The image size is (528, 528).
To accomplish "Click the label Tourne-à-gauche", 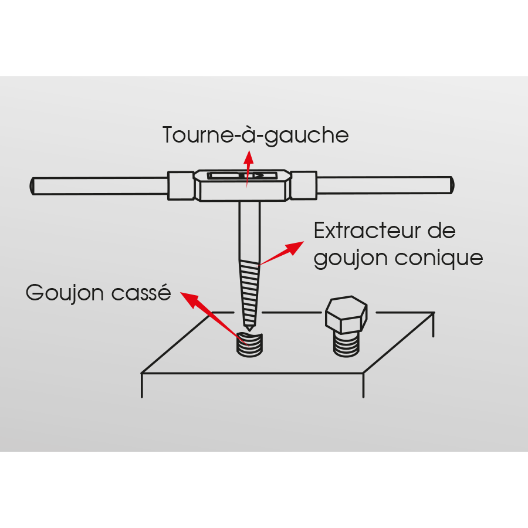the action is (x=256, y=136).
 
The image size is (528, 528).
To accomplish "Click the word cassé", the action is (x=141, y=292).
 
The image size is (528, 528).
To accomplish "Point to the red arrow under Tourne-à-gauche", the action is (x=248, y=169).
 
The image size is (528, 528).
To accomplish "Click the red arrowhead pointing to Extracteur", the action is (x=295, y=248).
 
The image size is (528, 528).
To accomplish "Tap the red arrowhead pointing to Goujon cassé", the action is (x=190, y=300).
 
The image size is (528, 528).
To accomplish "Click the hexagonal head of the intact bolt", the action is (x=346, y=314).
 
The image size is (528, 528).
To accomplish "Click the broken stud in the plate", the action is (x=249, y=344).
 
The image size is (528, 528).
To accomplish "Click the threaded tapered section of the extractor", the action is (x=249, y=293).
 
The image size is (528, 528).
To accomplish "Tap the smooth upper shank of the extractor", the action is (x=249, y=231).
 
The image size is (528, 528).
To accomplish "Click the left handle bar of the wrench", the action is (x=99, y=186).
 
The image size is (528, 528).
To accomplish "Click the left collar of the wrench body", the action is (x=181, y=186).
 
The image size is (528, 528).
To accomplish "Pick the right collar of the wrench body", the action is (x=304, y=185).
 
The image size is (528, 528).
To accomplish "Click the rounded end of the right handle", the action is (x=452, y=185).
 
